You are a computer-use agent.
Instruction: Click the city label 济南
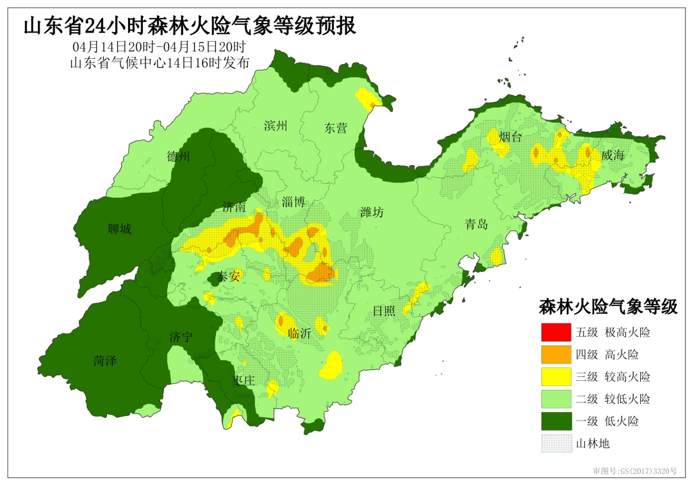pos(234,207)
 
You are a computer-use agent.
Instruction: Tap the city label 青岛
pos(476,225)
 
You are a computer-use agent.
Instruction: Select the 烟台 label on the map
pos(510,136)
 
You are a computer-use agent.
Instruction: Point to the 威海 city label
pos(613,156)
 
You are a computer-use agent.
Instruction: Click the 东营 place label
pos(335,128)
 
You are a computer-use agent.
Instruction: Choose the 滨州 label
pos(275,125)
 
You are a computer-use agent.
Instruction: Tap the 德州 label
pos(178,157)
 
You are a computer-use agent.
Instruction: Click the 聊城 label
pos(120,228)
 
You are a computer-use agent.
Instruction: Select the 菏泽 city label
pos(104,361)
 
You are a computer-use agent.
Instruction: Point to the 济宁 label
pos(181,337)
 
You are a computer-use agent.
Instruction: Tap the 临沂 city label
pos(299,333)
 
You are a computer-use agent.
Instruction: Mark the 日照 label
pos(384,311)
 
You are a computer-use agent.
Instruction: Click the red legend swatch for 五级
pos(555,332)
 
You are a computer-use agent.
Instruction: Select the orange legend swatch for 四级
pos(555,354)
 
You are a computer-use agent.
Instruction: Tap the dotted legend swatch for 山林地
pos(555,444)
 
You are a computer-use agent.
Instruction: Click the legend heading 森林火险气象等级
pos(608,307)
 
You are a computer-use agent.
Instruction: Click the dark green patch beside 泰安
pos(216,279)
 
